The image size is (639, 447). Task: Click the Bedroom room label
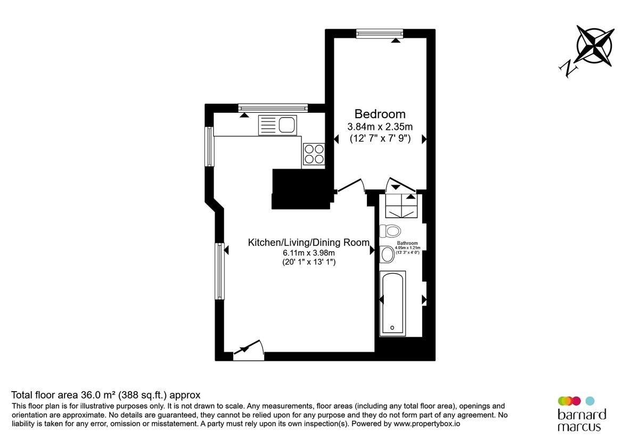(380, 114)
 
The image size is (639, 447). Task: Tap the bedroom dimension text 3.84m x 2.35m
(380, 127)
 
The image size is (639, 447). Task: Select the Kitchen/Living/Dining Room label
(309, 243)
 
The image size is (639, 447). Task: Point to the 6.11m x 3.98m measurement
(308, 253)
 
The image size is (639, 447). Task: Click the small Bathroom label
(407, 244)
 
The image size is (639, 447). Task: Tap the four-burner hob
(314, 154)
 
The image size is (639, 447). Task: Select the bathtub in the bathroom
(392, 303)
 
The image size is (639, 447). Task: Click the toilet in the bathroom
(391, 231)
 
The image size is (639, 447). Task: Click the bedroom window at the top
(380, 34)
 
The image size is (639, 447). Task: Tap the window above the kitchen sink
(273, 107)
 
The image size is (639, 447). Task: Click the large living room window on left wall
(219, 271)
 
